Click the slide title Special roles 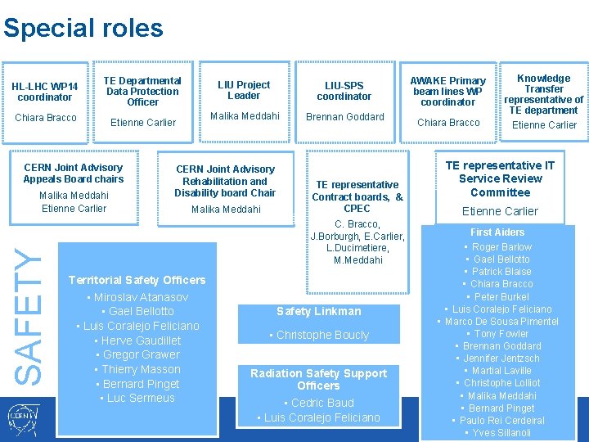tap(83, 29)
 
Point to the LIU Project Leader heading tap(244, 90)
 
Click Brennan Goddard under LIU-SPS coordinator tap(344, 117)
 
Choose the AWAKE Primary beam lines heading tap(448, 91)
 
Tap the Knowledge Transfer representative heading tap(544, 94)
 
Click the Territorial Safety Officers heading tap(137, 280)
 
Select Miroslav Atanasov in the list tap(141, 297)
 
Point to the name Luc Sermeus tap(142, 398)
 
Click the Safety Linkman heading tap(318, 311)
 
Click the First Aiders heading tap(498, 232)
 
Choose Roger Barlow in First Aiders tap(501, 246)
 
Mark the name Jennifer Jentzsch tap(501, 359)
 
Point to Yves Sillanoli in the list tap(501, 433)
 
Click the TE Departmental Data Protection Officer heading tap(142, 91)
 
